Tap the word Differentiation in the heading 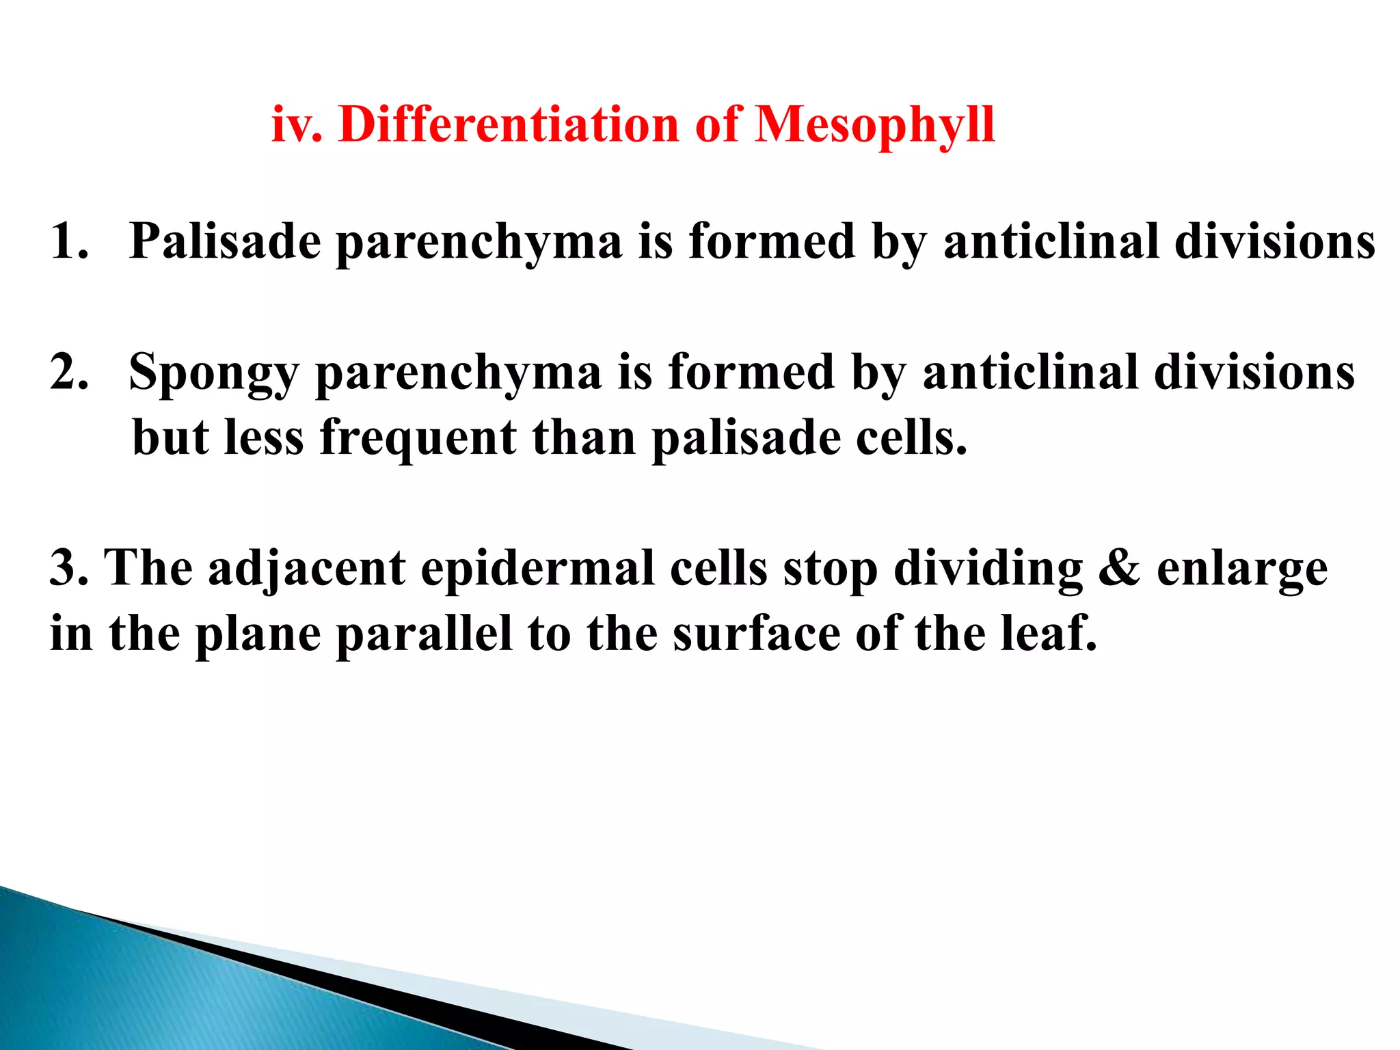click(508, 125)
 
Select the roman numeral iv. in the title click(297, 125)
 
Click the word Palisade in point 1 click(225, 241)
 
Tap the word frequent click(418, 438)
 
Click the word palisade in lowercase click(746, 438)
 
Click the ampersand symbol click(1119, 568)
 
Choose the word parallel click(424, 634)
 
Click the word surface click(756, 634)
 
